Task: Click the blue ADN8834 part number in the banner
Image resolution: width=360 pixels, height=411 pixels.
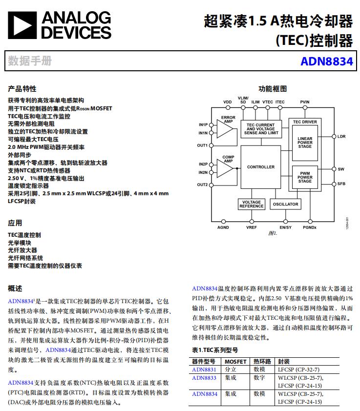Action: [x=326, y=62]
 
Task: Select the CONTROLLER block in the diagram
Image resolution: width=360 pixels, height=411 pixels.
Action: [x=260, y=167]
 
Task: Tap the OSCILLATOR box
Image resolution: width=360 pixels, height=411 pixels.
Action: [x=285, y=204]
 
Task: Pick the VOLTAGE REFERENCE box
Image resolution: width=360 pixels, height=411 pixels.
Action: [x=251, y=204]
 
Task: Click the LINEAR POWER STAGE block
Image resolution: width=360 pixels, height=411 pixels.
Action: [x=305, y=143]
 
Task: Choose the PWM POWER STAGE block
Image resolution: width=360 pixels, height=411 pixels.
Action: [x=305, y=177]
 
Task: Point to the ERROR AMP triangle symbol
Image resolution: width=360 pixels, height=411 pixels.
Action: [x=225, y=128]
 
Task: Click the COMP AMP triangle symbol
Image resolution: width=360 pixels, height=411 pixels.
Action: [x=225, y=168]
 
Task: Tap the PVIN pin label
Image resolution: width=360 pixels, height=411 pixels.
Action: [x=305, y=102]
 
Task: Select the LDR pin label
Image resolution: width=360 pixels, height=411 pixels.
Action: [x=341, y=137]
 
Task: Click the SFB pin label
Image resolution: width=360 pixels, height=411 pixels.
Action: [x=341, y=184]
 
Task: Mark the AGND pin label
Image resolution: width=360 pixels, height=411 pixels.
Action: [x=223, y=227]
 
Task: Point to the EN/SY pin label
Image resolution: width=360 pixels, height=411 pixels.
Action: [x=285, y=227]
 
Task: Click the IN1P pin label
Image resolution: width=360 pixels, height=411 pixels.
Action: [x=203, y=124]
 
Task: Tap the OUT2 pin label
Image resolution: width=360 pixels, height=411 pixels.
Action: [x=202, y=185]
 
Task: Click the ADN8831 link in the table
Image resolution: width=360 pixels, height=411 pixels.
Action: [x=204, y=370]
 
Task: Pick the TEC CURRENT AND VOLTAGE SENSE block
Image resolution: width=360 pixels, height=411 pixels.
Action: [x=261, y=129]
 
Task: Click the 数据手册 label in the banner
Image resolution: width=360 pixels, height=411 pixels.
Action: [x=30, y=62]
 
